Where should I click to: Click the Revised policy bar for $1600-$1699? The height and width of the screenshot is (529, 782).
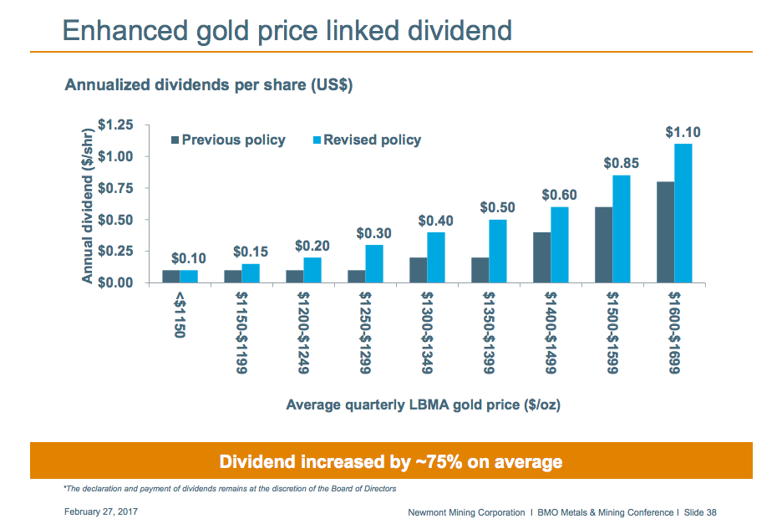(683, 213)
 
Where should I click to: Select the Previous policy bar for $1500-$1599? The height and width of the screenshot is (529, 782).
(603, 245)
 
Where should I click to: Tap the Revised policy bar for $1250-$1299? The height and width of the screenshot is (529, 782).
(374, 263)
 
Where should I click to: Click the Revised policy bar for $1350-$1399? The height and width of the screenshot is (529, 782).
(498, 251)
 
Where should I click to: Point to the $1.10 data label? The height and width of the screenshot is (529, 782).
(683, 132)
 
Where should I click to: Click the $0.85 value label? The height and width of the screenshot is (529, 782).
(622, 164)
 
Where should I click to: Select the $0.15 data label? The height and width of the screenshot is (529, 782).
(251, 252)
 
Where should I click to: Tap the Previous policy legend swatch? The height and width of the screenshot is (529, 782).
(175, 140)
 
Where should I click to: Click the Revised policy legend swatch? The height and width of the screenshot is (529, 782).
(317, 140)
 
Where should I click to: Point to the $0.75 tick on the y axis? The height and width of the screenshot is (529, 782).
(115, 188)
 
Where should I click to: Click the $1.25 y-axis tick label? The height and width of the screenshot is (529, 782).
(115, 125)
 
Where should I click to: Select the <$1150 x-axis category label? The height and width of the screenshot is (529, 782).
(180, 313)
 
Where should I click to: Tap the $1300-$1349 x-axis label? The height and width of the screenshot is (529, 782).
(427, 332)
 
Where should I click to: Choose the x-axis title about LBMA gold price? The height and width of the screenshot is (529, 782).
(423, 404)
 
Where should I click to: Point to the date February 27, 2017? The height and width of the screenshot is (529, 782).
(100, 511)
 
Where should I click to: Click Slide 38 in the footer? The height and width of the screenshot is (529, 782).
(699, 512)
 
